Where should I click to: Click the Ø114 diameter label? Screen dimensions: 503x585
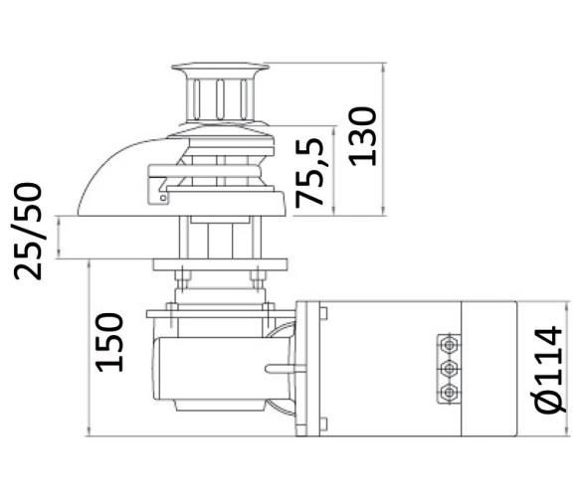pyautogui.click(x=551, y=369)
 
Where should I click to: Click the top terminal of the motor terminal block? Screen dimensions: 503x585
pyautogui.click(x=450, y=343)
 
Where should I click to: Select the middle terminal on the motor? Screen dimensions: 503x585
pyautogui.click(x=450, y=368)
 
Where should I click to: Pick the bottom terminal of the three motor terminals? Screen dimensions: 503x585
pyautogui.click(x=450, y=392)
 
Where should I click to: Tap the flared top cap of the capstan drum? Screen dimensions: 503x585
pyautogui.click(x=218, y=69)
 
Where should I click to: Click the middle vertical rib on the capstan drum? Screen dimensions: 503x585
pyautogui.click(x=219, y=100)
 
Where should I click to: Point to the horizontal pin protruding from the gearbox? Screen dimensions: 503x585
pyautogui.click(x=280, y=370)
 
